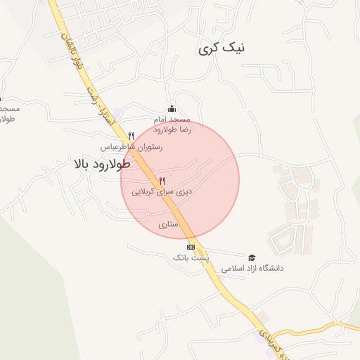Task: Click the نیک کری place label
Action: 222,48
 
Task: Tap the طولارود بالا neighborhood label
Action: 101,165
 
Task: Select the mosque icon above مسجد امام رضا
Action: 172,108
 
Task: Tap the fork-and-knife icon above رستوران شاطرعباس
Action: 131,136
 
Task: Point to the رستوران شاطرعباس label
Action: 131,148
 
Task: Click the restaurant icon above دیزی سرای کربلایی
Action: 162,181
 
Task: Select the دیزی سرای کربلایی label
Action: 162,191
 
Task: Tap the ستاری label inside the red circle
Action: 169,225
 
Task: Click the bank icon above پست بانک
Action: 191,247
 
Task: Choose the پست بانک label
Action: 191,259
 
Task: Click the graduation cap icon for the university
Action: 252,257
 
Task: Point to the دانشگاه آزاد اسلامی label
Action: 252,269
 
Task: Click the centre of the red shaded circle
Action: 180,180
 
